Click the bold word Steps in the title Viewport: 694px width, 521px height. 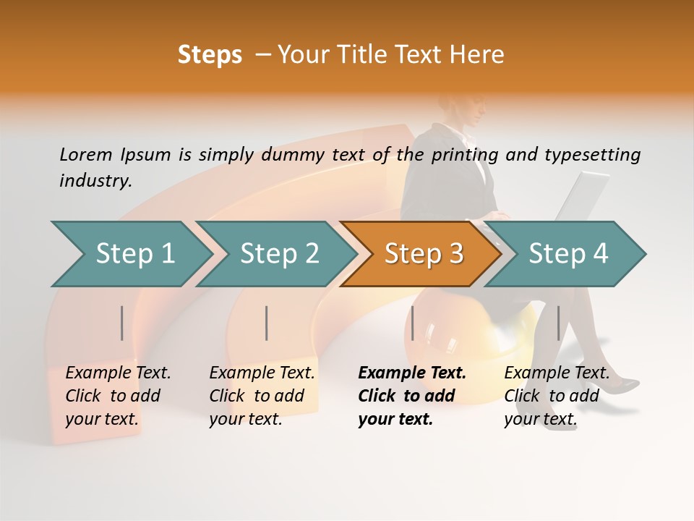pyautogui.click(x=210, y=55)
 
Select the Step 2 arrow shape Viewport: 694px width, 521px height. pyautogui.click(x=279, y=253)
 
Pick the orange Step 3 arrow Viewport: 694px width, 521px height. pyautogui.click(x=423, y=253)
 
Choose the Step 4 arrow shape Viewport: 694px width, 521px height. pyautogui.click(x=567, y=253)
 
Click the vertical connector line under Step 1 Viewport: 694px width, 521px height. pyautogui.click(x=122, y=323)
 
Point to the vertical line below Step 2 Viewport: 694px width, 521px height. pyautogui.click(x=267, y=323)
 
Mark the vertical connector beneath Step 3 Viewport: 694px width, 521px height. pyautogui.click(x=413, y=323)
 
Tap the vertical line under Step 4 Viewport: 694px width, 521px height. pyautogui.click(x=558, y=323)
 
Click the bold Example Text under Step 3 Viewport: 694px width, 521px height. pyautogui.click(x=412, y=395)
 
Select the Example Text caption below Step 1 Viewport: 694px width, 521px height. pyautogui.click(x=118, y=395)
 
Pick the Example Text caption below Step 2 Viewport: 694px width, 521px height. pyautogui.click(x=262, y=395)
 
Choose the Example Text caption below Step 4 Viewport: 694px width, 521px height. pyautogui.click(x=557, y=395)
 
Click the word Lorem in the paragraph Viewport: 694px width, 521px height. pyautogui.click(x=86, y=154)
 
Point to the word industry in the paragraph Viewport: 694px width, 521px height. pyautogui.click(x=95, y=180)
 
